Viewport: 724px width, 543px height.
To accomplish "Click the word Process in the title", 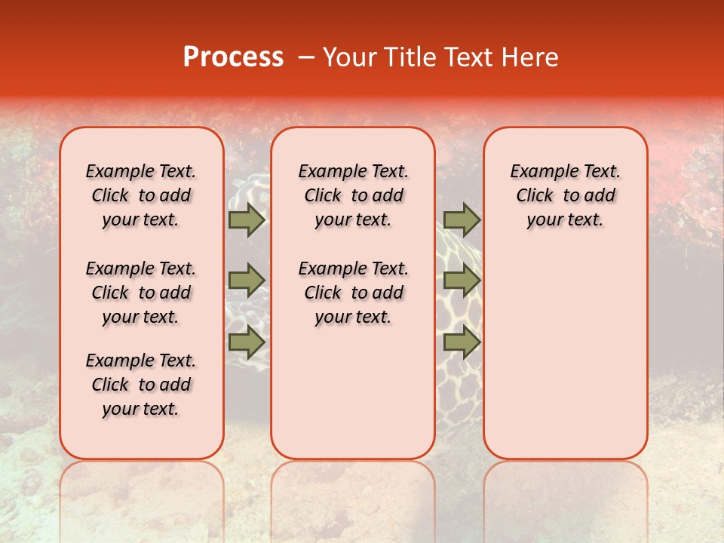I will pyautogui.click(x=233, y=57).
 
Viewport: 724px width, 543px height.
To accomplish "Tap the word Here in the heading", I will pyautogui.click(x=529, y=57).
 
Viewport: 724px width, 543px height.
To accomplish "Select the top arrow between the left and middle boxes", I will pyautogui.click(x=247, y=219).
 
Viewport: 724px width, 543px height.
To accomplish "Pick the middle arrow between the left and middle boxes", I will pyautogui.click(x=247, y=281).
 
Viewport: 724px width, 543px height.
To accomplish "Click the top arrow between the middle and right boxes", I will pyautogui.click(x=462, y=219).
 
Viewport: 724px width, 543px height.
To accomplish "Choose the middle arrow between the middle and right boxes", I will pyautogui.click(x=462, y=281).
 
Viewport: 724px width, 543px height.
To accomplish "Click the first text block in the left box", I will pyautogui.click(x=141, y=195).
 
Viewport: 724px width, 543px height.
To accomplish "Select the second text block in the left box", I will pyautogui.click(x=141, y=293).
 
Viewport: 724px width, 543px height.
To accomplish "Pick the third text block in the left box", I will pyautogui.click(x=141, y=385).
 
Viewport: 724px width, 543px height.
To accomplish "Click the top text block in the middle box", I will pyautogui.click(x=353, y=195).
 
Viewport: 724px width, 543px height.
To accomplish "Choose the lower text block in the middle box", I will pyautogui.click(x=353, y=293).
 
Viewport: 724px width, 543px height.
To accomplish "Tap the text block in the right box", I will pyautogui.click(x=565, y=195).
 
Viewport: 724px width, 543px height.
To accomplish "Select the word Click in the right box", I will pyautogui.click(x=535, y=196).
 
